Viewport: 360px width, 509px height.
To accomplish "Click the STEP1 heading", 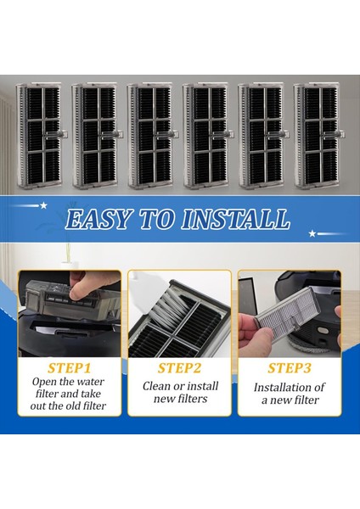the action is [69, 368].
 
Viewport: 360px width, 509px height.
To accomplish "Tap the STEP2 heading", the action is [179, 368].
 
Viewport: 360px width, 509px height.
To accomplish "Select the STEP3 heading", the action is [290, 368].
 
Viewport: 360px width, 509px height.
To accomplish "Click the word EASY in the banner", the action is [98, 219].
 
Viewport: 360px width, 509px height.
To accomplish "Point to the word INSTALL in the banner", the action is [235, 219].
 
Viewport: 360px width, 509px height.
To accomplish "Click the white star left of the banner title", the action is [43, 205].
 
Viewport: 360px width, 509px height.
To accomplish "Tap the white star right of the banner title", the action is [312, 233].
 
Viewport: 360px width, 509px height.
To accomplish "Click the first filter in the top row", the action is [40, 136].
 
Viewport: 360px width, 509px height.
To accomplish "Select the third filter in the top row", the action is [151, 136].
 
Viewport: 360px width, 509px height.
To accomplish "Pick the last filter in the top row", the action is [318, 136].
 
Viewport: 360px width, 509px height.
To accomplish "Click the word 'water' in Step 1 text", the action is [91, 382].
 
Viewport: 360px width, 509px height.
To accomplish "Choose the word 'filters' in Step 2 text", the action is [193, 399].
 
